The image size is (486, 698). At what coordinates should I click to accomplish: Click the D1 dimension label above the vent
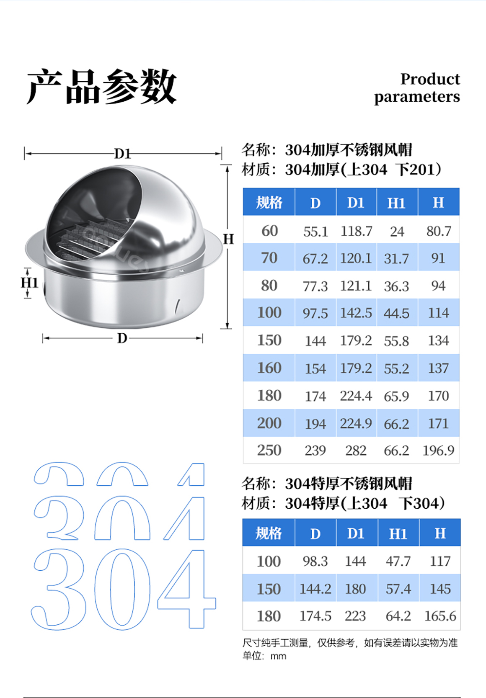point(122,154)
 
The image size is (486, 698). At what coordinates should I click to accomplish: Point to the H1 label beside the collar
point(29,283)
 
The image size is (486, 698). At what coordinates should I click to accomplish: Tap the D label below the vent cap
point(122,338)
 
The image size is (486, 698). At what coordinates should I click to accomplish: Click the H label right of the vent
point(228,240)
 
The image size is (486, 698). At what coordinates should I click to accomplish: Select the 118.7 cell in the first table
point(356,231)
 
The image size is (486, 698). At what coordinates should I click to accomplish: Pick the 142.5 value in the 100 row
point(356,313)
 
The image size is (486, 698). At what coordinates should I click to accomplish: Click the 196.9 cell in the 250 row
point(438,451)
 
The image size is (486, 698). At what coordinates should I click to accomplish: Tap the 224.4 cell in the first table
point(356,396)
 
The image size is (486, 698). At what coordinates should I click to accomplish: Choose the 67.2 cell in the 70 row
point(315,259)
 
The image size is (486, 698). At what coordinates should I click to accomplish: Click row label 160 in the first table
point(269,368)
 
